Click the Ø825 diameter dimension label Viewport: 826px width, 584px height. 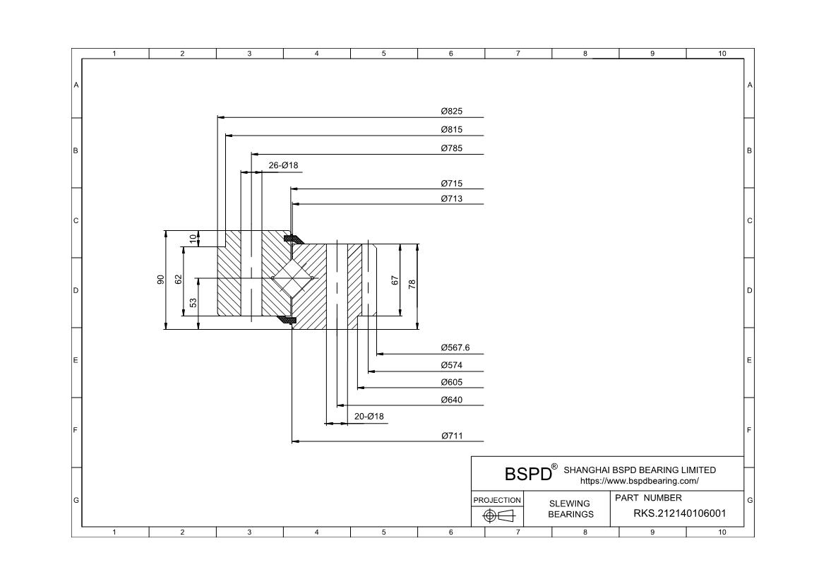(451, 112)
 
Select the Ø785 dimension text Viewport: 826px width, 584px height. (451, 148)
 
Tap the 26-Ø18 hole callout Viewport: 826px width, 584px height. (283, 165)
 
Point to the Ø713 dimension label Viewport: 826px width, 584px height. (451, 199)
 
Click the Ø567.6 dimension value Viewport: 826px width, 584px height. (455, 347)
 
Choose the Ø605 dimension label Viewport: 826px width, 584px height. (451, 382)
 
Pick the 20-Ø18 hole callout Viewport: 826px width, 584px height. (369, 417)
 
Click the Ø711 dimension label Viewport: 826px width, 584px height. (451, 436)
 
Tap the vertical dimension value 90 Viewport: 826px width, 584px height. (160, 280)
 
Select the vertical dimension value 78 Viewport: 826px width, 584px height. (412, 284)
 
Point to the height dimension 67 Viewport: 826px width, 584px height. (395, 280)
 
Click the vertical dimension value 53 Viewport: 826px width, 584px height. (193, 303)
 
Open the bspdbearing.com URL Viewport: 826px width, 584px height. (639, 481)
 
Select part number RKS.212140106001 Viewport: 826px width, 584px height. (679, 513)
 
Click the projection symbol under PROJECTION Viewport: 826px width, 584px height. (497, 516)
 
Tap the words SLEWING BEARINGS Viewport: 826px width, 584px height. (570, 508)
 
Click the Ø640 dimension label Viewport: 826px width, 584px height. (451, 400)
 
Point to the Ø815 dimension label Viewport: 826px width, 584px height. (451, 130)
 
